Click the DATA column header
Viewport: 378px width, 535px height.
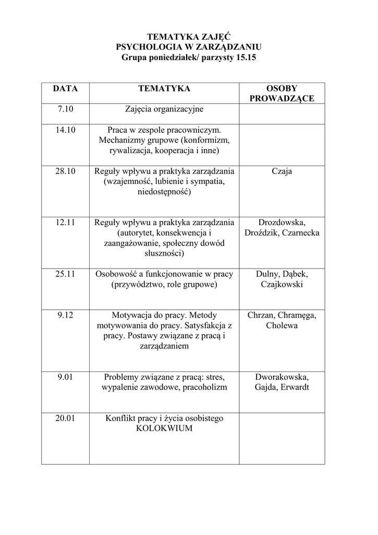tap(65, 89)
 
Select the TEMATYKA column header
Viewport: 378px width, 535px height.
tap(164, 89)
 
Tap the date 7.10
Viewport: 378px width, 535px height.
tap(66, 110)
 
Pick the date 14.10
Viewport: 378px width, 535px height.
tap(66, 130)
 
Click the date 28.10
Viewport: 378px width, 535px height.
tap(66, 171)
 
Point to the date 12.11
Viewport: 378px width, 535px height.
tap(66, 223)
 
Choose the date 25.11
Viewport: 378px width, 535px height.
tap(66, 274)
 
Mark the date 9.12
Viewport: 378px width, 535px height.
tap(66, 316)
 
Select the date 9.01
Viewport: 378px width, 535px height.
tap(66, 377)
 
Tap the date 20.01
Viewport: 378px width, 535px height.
tap(66, 418)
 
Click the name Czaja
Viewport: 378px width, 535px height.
tap(282, 171)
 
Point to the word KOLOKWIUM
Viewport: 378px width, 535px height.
tap(164, 428)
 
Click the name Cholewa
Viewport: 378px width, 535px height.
tap(282, 325)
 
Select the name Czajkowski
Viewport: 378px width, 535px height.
tap(282, 285)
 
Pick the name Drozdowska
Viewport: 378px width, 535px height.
tap(282, 223)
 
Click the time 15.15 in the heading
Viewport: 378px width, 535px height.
tap(232, 57)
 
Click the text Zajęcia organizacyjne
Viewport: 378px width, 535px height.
tap(164, 110)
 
